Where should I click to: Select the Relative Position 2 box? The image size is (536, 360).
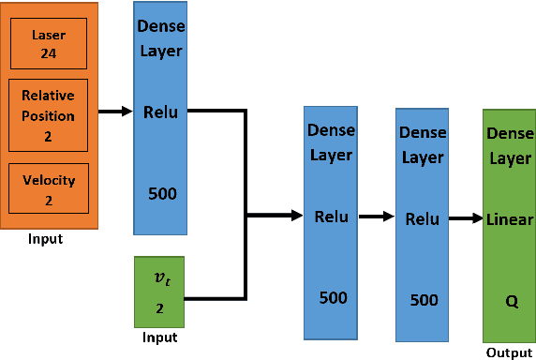[x=48, y=114]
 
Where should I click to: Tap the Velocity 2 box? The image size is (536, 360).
[x=48, y=187]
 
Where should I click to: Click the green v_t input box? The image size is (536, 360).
[x=159, y=291]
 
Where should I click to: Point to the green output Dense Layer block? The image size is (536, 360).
[x=509, y=226]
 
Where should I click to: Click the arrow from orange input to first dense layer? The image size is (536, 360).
[x=115, y=112]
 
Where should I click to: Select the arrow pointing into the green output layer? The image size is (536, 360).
[x=465, y=219]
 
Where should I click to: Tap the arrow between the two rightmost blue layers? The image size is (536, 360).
[x=377, y=217]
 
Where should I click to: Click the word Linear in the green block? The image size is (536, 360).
[x=510, y=219]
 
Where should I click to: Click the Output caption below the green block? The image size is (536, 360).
[x=508, y=352]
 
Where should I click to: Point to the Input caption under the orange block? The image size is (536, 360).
[x=45, y=239]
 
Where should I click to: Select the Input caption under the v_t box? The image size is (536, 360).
[x=158, y=337]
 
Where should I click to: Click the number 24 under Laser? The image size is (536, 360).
[x=47, y=52]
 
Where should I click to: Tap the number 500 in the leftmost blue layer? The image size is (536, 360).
[x=162, y=194]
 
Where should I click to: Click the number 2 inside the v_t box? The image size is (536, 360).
[x=159, y=307]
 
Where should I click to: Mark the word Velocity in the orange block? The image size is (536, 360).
[x=48, y=180]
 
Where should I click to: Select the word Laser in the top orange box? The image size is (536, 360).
[x=48, y=34]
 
